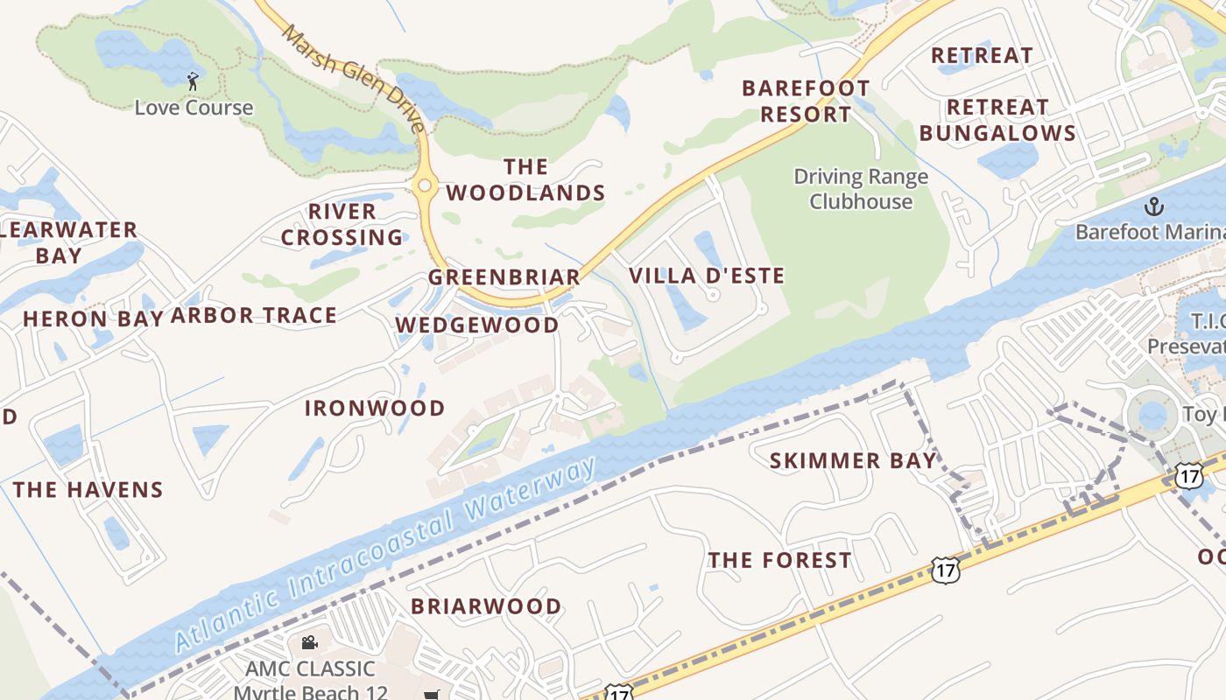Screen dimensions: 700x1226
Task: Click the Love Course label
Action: tap(194, 108)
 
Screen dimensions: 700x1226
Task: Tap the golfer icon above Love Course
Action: tap(194, 81)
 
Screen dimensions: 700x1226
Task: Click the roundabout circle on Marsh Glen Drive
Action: tap(426, 185)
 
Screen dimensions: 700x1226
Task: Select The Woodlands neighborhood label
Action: tap(525, 180)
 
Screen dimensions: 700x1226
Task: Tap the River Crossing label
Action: tap(342, 225)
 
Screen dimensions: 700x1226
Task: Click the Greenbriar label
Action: tap(504, 277)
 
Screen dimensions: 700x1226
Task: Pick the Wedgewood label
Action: tap(477, 325)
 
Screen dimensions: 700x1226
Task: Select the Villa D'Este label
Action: tap(707, 276)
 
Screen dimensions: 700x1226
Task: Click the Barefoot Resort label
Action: tap(806, 101)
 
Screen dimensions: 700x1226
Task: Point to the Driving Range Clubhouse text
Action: tap(861, 189)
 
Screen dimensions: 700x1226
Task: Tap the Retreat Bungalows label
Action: tap(997, 120)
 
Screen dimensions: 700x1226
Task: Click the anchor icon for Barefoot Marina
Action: tap(1154, 206)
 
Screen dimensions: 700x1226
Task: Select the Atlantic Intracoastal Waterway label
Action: tap(385, 556)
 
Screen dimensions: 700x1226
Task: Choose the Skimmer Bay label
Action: tap(853, 460)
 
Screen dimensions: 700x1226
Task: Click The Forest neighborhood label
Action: tap(779, 560)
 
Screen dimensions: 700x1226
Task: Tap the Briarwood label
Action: tap(486, 605)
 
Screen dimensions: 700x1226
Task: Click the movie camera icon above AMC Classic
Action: tap(309, 643)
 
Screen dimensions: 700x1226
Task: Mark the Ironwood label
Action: tap(375, 408)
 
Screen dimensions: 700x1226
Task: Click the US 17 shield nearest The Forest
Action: tap(947, 570)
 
